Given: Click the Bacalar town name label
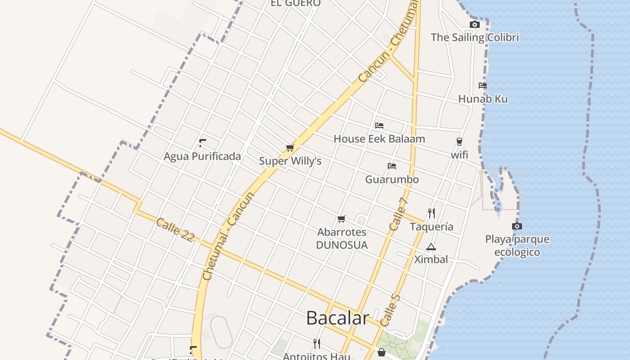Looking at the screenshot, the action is pos(337,318).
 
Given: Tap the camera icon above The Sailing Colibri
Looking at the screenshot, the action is pos(474,25).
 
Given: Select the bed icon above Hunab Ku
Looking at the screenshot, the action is pos(483,85).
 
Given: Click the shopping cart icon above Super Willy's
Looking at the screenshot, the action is pos(290,148).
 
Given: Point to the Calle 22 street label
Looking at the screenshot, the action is pos(175,229).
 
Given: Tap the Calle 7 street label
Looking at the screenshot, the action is pos(398,214).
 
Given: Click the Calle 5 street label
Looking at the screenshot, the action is pos(390,310).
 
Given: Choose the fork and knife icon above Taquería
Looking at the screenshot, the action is pos(431,213).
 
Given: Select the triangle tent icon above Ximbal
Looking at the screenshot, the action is pos(431,247).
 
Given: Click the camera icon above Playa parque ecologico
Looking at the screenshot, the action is pos(517,226).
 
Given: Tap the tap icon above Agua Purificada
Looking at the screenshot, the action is pos(202,143).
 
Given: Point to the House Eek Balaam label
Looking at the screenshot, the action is pos(379,139).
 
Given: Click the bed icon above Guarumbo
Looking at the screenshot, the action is pos(392,166).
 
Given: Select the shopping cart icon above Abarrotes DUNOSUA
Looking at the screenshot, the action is pos(342,219).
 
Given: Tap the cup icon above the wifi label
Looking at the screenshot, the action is pos(459,142).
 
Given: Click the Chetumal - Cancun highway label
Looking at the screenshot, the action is pos(228,236).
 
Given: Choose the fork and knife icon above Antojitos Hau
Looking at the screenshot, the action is pos(317,344).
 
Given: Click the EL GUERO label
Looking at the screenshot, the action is pos(295,3).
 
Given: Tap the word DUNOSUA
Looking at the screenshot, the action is pos(342,245).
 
